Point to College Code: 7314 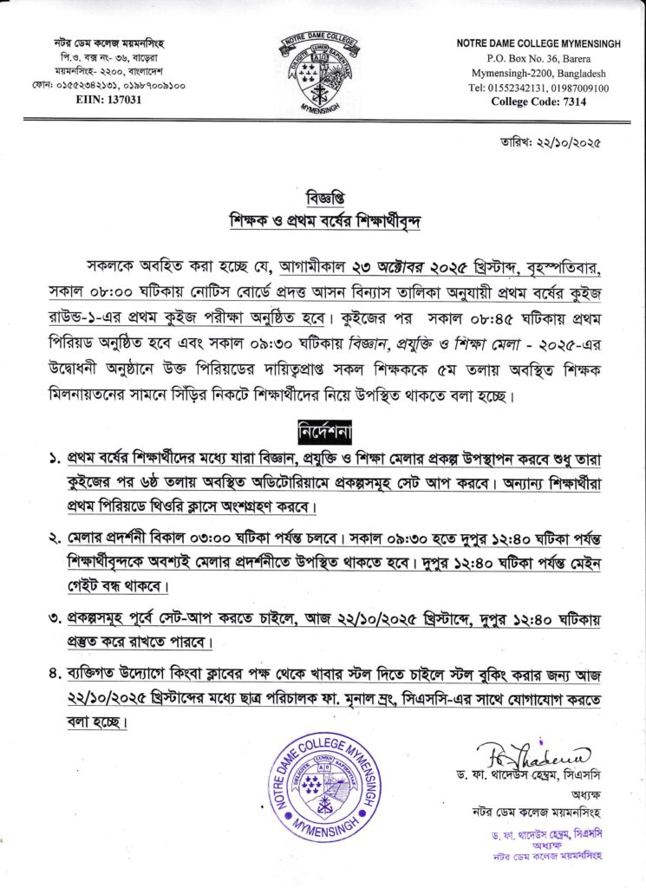click(x=538, y=101)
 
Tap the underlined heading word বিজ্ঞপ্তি click(x=323, y=192)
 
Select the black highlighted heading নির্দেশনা click(x=323, y=431)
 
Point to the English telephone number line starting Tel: click(x=538, y=88)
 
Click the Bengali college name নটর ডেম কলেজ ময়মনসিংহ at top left click(x=102, y=43)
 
